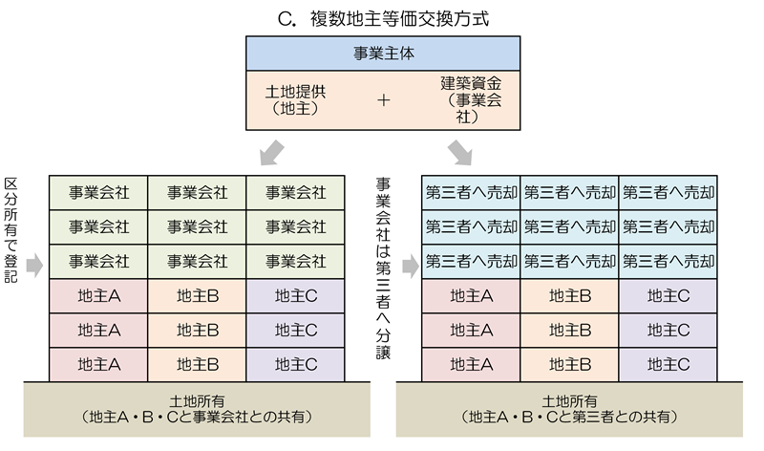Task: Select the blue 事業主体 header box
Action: pos(382,55)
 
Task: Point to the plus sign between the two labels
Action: pos(384,100)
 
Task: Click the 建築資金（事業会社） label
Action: pos(466,100)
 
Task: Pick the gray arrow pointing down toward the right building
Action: pos(461,151)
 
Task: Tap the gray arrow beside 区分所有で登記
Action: pos(33,265)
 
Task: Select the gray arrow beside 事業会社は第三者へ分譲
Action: pos(409,265)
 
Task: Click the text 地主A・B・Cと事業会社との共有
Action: pos(199,418)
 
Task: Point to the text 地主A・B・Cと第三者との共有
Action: pos(571,418)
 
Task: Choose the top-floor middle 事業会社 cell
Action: pos(197,192)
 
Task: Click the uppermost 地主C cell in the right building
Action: pos(668,296)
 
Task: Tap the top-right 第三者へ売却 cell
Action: pos(668,192)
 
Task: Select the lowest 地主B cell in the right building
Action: pos(570,364)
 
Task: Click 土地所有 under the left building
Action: pos(197,400)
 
